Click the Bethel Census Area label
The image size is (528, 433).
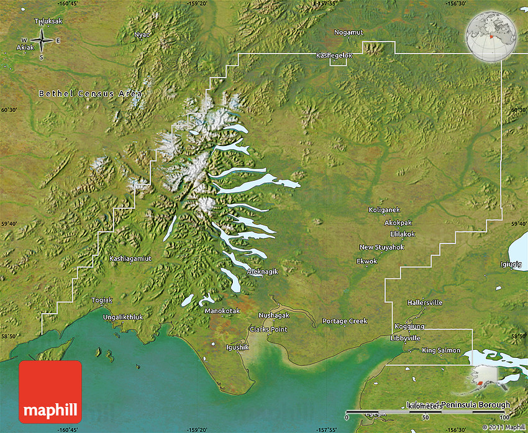coord(91,94)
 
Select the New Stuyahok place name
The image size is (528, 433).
coord(381,247)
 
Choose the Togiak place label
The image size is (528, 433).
coord(102,300)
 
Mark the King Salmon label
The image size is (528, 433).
coord(441,350)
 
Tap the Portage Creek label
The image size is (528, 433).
coord(345,321)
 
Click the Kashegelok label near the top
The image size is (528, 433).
coord(334,55)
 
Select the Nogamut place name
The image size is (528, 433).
coord(348,32)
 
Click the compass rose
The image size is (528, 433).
coord(41,41)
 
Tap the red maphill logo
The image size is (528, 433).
coord(50,391)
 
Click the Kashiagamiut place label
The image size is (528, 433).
coord(130,258)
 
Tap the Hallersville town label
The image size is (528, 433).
coord(425,303)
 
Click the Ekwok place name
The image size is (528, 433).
coord(366,262)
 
